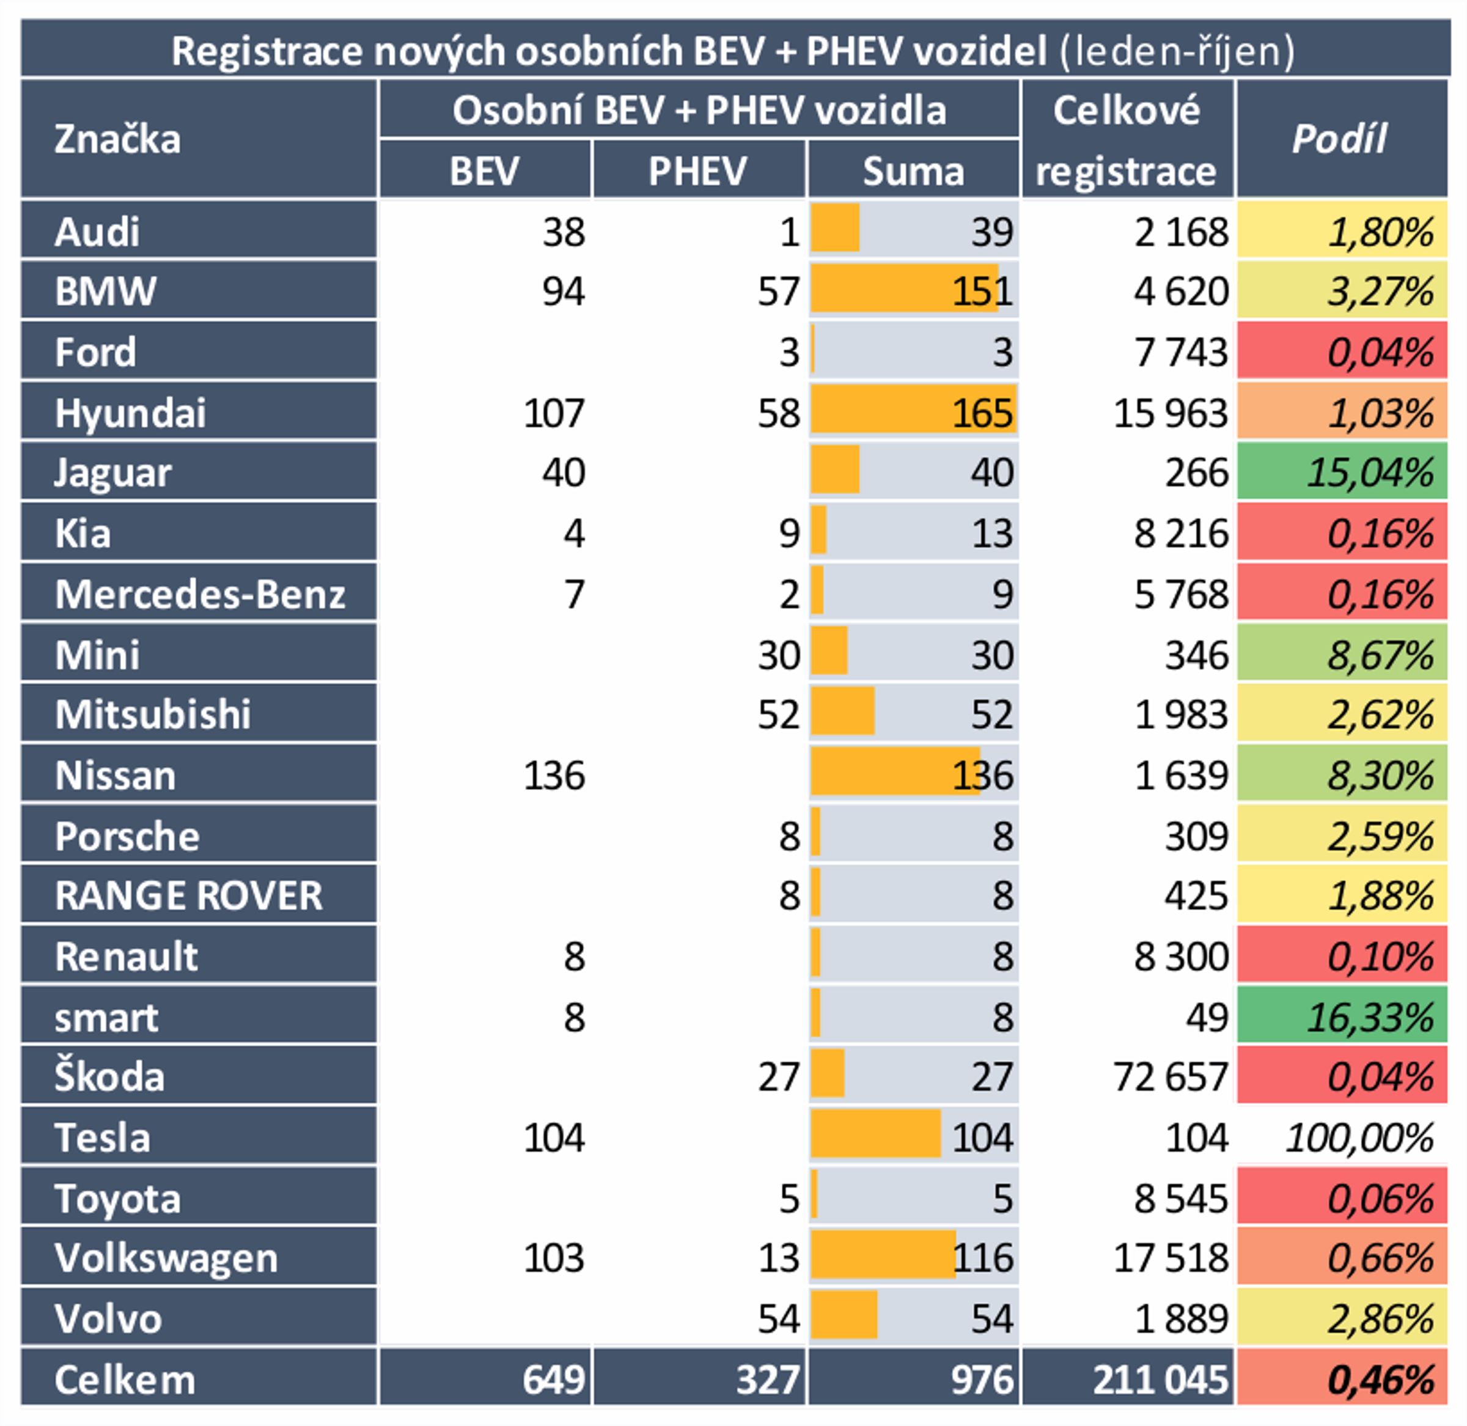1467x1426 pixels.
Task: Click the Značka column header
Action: tap(117, 139)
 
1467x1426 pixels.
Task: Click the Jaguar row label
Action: tap(113, 472)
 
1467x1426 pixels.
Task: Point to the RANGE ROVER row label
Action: tap(188, 895)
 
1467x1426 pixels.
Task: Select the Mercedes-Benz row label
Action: tap(200, 594)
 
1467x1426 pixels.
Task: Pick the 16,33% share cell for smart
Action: tap(1369, 1017)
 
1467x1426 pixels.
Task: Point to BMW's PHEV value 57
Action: tap(778, 292)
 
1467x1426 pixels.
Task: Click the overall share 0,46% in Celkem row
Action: tap(1380, 1380)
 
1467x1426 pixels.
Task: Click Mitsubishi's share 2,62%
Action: tap(1380, 715)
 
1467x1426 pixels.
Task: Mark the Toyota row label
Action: tap(117, 1199)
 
